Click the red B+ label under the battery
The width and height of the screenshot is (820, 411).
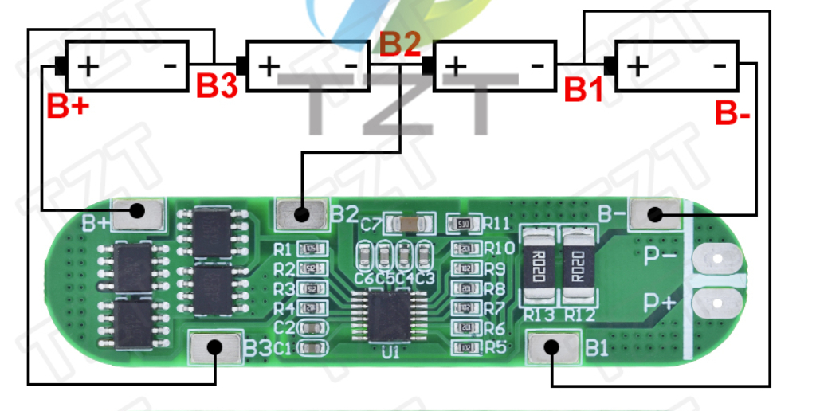point(68,107)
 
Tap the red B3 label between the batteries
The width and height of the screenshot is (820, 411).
point(217,86)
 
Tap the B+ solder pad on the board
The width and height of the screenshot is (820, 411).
point(137,212)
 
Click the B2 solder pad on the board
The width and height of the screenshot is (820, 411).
point(301,213)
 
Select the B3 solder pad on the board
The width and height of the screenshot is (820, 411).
point(214,347)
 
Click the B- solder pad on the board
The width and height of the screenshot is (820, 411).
point(654,213)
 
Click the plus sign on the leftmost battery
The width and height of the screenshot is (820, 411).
point(88,65)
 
